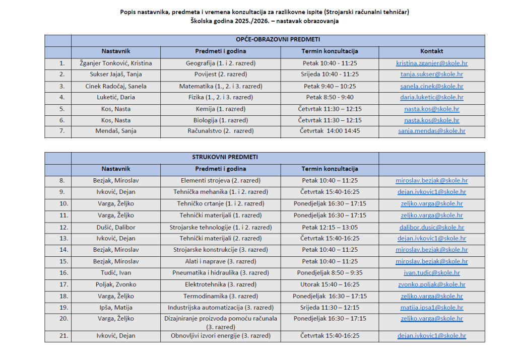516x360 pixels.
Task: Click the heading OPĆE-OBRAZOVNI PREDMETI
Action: pyautogui.click(x=278, y=40)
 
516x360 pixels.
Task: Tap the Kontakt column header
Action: pyautogui.click(x=431, y=51)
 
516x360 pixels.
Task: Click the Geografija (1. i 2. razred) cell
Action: pyautogui.click(x=221, y=63)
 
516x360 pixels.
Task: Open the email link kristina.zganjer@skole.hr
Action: pyautogui.click(x=431, y=63)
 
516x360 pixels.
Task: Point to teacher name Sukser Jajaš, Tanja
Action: pyautogui.click(x=116, y=75)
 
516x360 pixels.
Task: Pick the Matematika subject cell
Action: pyautogui.click(x=221, y=86)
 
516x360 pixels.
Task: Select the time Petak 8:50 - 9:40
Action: pyautogui.click(x=330, y=97)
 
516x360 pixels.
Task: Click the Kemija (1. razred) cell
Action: pyautogui.click(x=221, y=109)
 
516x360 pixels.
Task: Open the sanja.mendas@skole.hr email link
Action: pyautogui.click(x=431, y=131)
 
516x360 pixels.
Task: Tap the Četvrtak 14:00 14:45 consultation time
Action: pyautogui.click(x=330, y=131)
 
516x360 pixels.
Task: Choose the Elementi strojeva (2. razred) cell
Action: pyautogui.click(x=221, y=180)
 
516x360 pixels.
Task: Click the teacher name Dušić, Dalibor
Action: pyautogui.click(x=116, y=227)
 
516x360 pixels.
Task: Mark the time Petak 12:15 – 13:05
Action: pyautogui.click(x=330, y=227)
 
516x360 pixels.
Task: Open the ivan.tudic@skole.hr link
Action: pyautogui.click(x=431, y=273)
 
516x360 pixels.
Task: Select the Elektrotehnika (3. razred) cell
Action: pyautogui.click(x=221, y=284)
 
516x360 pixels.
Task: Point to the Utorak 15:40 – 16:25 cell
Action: pyautogui.click(x=330, y=284)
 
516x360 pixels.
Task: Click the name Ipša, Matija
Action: pyautogui.click(x=116, y=307)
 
